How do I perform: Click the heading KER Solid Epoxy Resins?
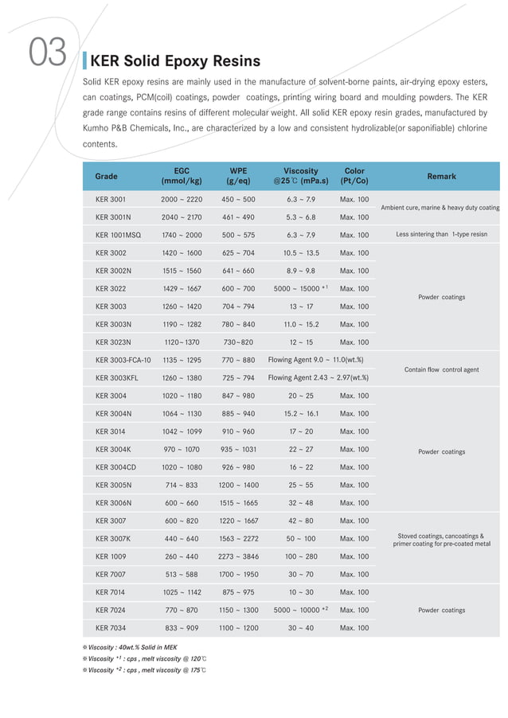click(x=175, y=61)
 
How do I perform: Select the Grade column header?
click(x=106, y=176)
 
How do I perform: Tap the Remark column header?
click(x=441, y=176)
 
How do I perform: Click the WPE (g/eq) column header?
click(x=238, y=176)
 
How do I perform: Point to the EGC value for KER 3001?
click(x=182, y=199)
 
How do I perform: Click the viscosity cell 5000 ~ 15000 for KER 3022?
click(x=300, y=289)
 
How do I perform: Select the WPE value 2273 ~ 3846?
click(x=238, y=556)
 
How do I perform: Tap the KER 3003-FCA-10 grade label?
click(x=123, y=360)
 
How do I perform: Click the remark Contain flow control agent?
click(x=441, y=369)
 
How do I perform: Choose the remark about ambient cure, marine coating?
click(x=440, y=208)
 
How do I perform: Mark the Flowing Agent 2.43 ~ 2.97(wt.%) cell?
click(x=318, y=378)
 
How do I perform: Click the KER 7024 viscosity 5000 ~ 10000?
click(x=300, y=610)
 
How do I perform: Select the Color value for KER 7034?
click(x=354, y=628)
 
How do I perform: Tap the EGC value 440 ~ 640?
click(x=182, y=539)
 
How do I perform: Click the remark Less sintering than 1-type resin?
click(x=441, y=235)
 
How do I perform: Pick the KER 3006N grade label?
click(x=113, y=503)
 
